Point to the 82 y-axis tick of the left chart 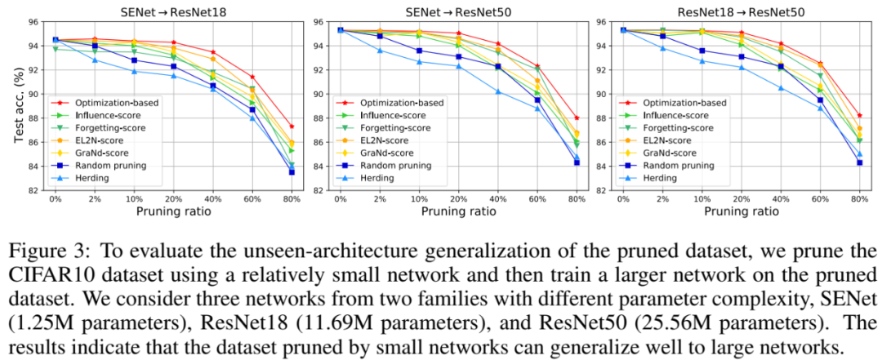click(34, 191)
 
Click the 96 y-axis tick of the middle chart click(318, 21)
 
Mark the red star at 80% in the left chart click(292, 127)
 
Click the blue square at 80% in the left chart click(292, 172)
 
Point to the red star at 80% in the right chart click(859, 115)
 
